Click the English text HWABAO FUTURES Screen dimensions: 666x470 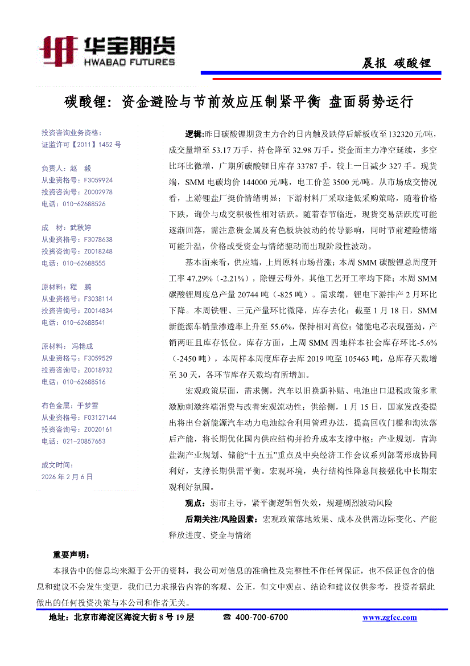(130, 62)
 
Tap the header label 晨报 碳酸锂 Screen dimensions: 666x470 (397, 63)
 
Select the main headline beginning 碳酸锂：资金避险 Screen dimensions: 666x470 (238, 103)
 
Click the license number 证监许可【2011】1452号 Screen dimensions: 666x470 (81, 145)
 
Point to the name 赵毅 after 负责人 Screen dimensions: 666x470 (81, 169)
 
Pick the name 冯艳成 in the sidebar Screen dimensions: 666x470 (83, 346)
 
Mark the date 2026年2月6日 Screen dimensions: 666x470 (67, 476)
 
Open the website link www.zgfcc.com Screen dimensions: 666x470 (389, 618)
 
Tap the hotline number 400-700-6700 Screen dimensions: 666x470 (261, 618)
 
